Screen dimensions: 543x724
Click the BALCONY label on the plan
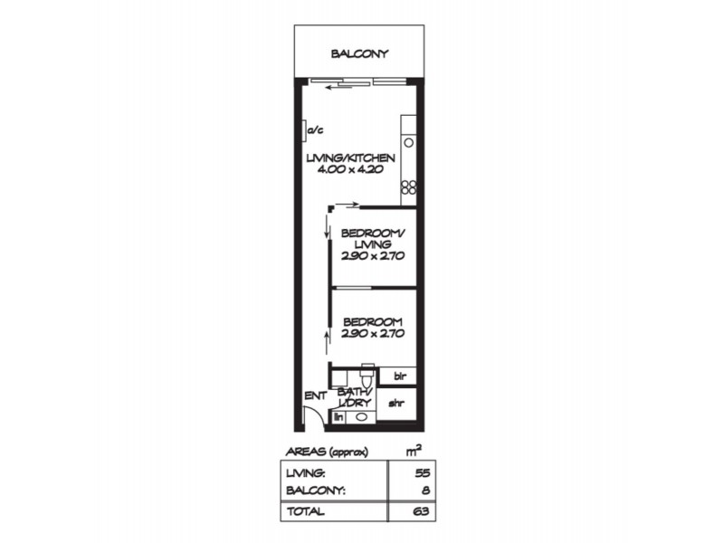coord(359,53)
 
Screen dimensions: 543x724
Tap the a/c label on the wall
coord(316,131)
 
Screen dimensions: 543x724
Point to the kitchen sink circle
coord(408,143)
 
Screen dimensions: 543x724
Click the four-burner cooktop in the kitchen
coord(408,188)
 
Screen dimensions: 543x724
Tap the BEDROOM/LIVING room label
coord(372,238)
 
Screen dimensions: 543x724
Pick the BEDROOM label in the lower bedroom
coord(372,321)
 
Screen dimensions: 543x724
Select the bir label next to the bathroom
coord(397,375)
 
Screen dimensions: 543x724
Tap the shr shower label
coord(396,405)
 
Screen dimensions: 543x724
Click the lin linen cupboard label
coord(338,417)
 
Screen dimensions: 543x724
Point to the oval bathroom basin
coord(361,417)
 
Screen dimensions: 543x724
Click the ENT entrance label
coord(315,395)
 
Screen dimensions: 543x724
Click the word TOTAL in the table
coord(305,511)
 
